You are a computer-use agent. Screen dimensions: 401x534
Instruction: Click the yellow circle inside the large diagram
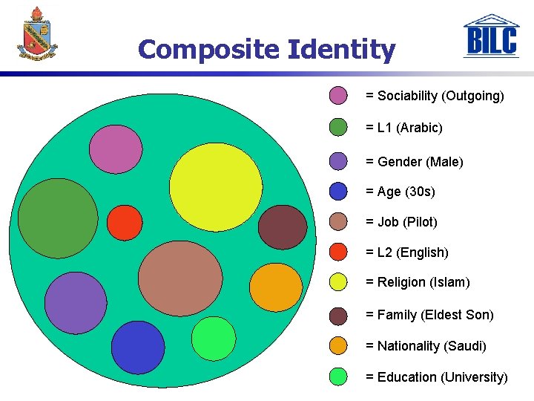point(216,186)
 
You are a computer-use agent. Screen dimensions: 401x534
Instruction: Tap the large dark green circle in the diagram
point(58,218)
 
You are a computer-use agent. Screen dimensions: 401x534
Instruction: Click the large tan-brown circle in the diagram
point(180,278)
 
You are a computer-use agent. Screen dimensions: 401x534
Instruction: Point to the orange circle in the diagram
point(276,287)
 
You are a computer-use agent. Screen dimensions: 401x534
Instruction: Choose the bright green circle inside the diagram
point(214,339)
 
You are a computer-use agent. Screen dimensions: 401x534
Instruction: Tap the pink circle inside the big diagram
point(116,149)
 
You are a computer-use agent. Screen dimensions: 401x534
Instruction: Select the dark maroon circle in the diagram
point(283,226)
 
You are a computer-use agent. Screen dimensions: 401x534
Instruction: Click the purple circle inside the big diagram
point(76,303)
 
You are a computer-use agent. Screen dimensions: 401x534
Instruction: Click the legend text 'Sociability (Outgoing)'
point(435,96)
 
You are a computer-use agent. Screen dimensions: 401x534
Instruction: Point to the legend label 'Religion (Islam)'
point(418,282)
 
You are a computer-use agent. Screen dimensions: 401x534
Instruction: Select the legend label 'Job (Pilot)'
point(401,222)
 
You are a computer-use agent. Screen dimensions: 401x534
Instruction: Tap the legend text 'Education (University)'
point(437,377)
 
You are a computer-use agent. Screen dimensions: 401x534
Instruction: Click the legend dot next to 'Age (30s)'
point(338,192)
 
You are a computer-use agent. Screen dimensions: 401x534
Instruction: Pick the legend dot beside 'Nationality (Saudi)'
point(338,346)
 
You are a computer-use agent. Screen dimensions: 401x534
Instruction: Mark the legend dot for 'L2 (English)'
point(338,252)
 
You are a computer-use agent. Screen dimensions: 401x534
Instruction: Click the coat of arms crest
point(37,33)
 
